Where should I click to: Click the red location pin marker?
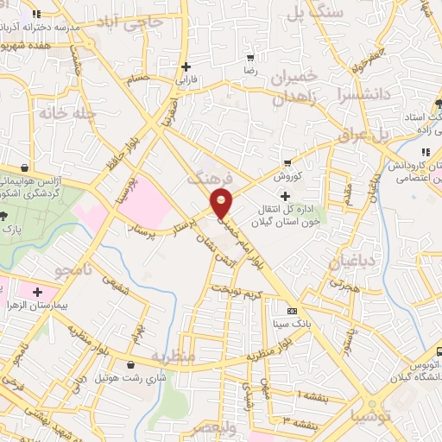(x=223, y=205)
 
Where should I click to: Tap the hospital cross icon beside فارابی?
(x=186, y=66)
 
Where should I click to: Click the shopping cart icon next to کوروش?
(x=287, y=162)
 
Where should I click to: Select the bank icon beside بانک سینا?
(x=292, y=311)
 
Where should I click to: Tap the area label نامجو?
(x=54, y=271)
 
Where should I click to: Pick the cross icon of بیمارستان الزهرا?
(x=35, y=293)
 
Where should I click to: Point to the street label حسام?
(x=138, y=79)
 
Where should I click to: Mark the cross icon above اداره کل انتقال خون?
(x=285, y=197)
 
